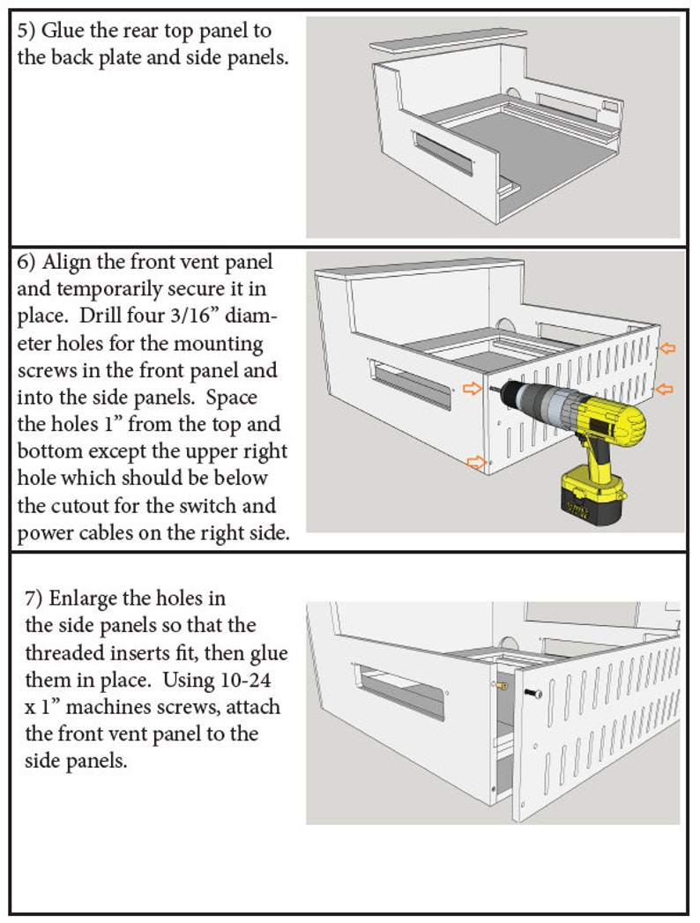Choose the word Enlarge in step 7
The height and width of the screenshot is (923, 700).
coord(81,599)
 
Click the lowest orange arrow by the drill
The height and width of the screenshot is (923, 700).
coord(476,461)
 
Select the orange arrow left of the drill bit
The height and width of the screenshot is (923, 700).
coord(473,388)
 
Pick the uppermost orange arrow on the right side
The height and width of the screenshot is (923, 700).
coord(668,349)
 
